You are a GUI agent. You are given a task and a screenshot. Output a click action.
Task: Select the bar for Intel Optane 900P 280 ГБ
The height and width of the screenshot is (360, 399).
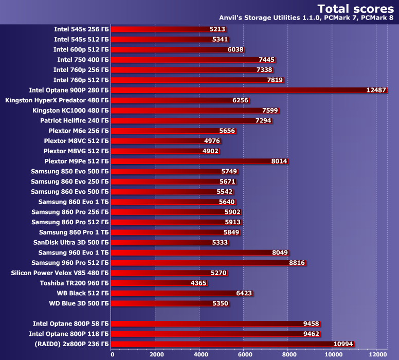tap(237, 90)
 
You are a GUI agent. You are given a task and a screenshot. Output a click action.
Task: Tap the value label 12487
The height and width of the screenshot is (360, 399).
tap(376, 90)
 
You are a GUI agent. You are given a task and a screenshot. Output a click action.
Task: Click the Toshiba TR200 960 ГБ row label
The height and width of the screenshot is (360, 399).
tap(74, 283)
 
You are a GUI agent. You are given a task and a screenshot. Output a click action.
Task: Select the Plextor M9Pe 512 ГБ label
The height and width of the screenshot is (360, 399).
tap(77, 161)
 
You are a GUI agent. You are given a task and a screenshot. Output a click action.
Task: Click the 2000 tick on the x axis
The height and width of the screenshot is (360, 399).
tap(156, 354)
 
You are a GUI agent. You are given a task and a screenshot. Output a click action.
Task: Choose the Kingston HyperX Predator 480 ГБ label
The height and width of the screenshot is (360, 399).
tap(57, 100)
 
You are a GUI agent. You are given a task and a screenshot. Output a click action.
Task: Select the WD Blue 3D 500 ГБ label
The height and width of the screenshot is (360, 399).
tap(79, 303)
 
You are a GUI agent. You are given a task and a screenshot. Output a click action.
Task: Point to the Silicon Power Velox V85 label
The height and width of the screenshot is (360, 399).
tap(60, 273)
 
